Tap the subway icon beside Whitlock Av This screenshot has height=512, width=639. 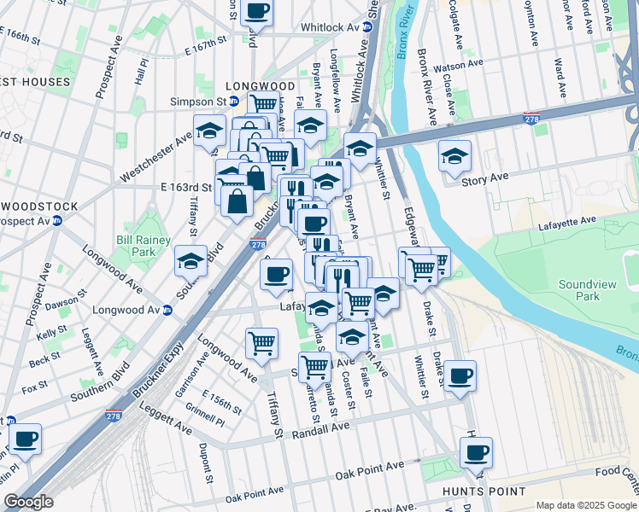pyautogui.click(x=368, y=27)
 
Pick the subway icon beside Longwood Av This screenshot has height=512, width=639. pyautogui.click(x=167, y=310)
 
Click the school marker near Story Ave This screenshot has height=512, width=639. pyautogui.click(x=455, y=155)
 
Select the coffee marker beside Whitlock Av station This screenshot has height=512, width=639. pyautogui.click(x=257, y=12)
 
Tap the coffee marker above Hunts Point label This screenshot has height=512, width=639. pyautogui.click(x=476, y=451)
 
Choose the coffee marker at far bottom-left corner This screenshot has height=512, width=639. pyautogui.click(x=25, y=439)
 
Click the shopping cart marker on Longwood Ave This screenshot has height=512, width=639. pyautogui.click(x=261, y=343)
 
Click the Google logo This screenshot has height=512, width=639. pyautogui.click(x=28, y=502)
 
